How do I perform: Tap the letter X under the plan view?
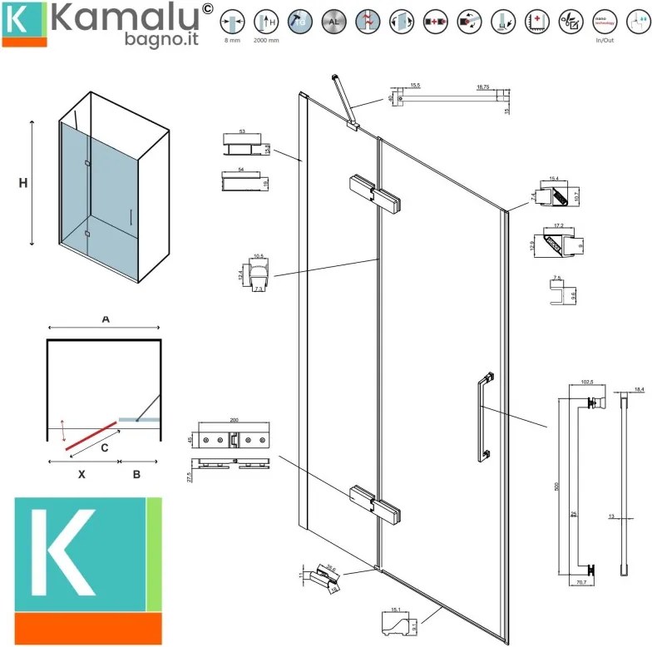click(x=81, y=474)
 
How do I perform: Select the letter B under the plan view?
click(x=136, y=474)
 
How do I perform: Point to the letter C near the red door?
click(x=103, y=448)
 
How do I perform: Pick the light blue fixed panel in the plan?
click(x=138, y=421)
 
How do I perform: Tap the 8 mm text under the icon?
click(x=232, y=39)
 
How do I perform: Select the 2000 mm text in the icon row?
click(x=265, y=39)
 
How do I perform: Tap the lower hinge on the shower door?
click(x=374, y=504)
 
